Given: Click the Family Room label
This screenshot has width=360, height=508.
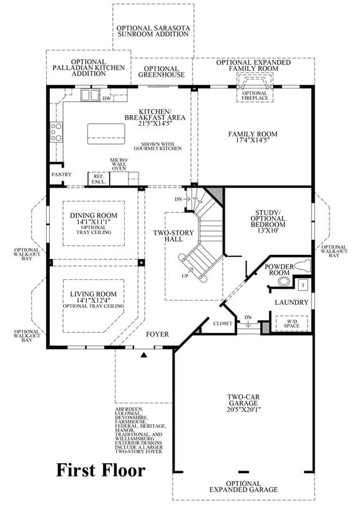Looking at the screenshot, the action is [x=253, y=134].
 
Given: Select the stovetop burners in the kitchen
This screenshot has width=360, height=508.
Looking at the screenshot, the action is [x=56, y=132].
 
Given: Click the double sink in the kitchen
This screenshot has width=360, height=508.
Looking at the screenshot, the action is [x=90, y=95].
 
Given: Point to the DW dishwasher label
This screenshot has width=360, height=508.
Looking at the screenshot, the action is [x=107, y=98].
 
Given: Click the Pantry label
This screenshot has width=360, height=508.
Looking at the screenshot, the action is [x=61, y=175].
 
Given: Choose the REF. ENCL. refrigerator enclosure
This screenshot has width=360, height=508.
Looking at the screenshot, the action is [x=99, y=179].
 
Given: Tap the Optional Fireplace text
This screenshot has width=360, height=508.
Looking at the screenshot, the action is [x=255, y=95].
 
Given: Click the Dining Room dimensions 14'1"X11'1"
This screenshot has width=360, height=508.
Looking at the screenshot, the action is [x=94, y=222].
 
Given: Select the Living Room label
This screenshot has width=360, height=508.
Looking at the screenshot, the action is [x=94, y=294].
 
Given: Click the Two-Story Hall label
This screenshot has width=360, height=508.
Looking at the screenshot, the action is [x=173, y=236].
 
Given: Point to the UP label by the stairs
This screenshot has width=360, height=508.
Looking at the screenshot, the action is [x=185, y=276].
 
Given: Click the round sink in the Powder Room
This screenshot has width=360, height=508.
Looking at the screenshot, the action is [x=285, y=281].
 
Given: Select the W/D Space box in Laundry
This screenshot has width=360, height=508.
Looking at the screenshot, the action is [x=291, y=323].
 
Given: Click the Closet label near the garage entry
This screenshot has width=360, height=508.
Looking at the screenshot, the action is [x=223, y=323].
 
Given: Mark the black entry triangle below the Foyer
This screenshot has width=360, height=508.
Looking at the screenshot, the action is [x=144, y=355].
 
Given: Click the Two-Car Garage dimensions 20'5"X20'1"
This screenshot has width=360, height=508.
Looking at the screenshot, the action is [x=243, y=409].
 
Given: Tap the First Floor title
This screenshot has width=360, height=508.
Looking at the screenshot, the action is [x=101, y=470].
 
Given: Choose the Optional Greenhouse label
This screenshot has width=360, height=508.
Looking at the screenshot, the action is [x=162, y=72].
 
